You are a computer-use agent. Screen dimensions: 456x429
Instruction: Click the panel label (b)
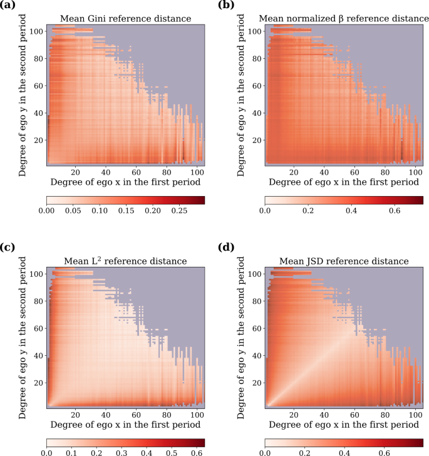coord(226,6)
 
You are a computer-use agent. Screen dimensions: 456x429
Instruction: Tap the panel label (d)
coord(226,247)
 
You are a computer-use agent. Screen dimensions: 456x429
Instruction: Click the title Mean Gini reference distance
coord(126,18)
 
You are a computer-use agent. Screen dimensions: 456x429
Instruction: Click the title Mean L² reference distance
coord(126,260)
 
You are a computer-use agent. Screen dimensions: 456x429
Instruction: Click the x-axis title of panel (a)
coord(126,182)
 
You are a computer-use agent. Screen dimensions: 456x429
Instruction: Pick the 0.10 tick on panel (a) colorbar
coord(100,210)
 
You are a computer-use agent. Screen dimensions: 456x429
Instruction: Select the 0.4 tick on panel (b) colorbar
coord(351,210)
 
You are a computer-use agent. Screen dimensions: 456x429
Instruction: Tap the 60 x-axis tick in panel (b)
coord(354,171)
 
